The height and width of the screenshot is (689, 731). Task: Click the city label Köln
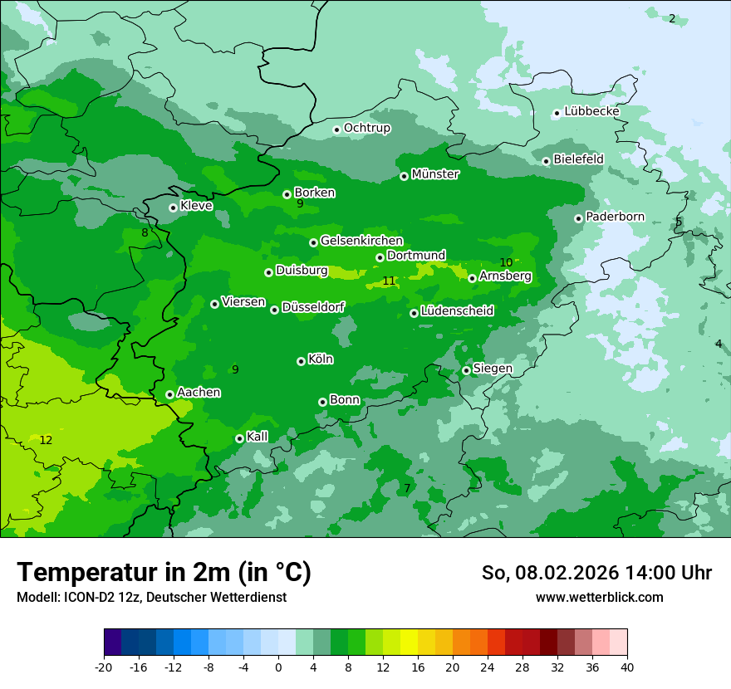pyautogui.click(x=320, y=359)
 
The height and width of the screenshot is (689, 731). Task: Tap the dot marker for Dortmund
pyautogui.click(x=380, y=257)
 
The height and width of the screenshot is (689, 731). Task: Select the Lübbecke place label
pyautogui.click(x=591, y=111)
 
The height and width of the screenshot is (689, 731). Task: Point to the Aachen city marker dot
pyautogui.click(x=169, y=394)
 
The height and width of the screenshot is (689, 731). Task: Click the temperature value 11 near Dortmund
pyautogui.click(x=389, y=281)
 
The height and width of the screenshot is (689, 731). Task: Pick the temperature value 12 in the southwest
pyautogui.click(x=46, y=440)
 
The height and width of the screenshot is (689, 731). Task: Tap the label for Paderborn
pyautogui.click(x=615, y=217)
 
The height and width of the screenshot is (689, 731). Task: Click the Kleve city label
pyautogui.click(x=196, y=206)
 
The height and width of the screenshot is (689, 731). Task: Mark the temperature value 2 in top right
pyautogui.click(x=672, y=18)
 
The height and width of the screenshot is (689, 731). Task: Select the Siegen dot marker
pyautogui.click(x=466, y=370)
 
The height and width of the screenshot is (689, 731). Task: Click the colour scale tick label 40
pyautogui.click(x=627, y=667)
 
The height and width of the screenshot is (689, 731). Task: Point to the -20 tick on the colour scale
pyautogui.click(x=104, y=667)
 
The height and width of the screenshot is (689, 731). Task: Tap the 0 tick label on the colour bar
pyautogui.click(x=278, y=667)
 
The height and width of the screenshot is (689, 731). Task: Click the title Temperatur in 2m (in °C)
pyautogui.click(x=164, y=572)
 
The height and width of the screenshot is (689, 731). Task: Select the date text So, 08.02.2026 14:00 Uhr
pyautogui.click(x=596, y=573)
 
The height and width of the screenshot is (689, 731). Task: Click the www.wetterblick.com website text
pyautogui.click(x=599, y=597)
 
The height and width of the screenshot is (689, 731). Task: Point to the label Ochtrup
pyautogui.click(x=366, y=128)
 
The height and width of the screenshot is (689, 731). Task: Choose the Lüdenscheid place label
pyautogui.click(x=457, y=311)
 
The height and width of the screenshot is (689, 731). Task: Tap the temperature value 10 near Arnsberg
pyautogui.click(x=506, y=263)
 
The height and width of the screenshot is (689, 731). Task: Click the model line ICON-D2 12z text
pyautogui.click(x=151, y=597)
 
